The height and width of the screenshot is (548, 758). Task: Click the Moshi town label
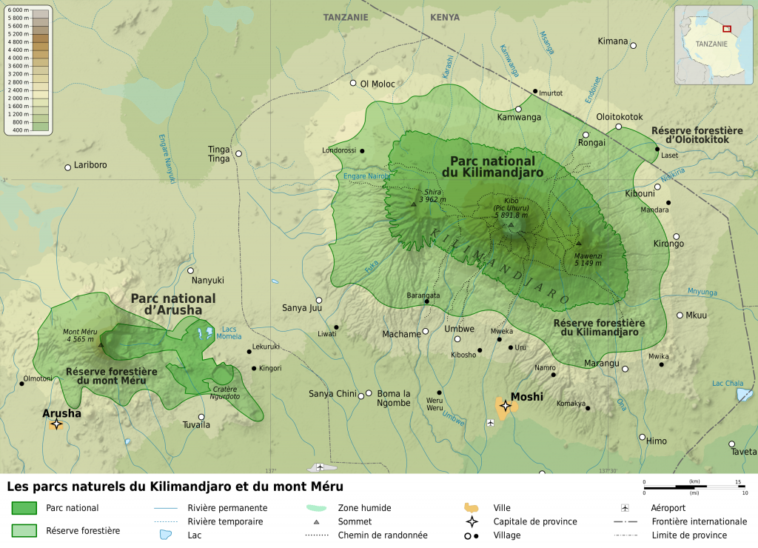[x=526, y=396]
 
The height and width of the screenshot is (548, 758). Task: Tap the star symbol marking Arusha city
[x=56, y=424]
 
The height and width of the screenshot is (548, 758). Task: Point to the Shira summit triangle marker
[x=413, y=204]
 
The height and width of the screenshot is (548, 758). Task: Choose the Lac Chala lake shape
[x=744, y=394]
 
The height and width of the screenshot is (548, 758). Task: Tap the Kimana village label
[x=613, y=41]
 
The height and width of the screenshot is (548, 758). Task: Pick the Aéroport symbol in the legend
[x=625, y=508]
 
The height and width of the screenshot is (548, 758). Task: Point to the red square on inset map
[x=727, y=28]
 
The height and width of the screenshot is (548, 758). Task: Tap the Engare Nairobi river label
[x=366, y=176]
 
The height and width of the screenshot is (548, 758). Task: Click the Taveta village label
[x=743, y=452]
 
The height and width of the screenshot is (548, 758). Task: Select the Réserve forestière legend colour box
[x=24, y=530]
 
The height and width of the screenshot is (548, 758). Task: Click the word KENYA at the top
[x=444, y=17]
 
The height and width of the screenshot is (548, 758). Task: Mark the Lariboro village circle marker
[x=67, y=167]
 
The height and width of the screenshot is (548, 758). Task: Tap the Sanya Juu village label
[x=302, y=308]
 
